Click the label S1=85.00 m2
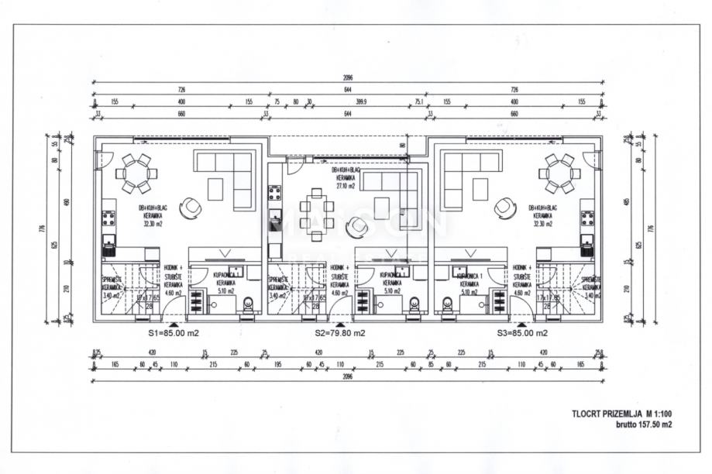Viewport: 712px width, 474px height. click(174, 333)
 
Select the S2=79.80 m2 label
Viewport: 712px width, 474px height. click(340, 333)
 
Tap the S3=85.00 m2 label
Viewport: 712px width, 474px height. click(522, 333)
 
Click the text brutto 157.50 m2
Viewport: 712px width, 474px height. click(643, 424)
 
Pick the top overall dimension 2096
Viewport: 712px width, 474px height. click(346, 78)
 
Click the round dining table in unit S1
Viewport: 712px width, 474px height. click(136, 173)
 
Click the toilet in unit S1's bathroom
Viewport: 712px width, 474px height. click(248, 304)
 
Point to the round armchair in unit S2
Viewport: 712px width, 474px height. click(357, 227)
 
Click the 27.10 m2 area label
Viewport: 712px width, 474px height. click(346, 186)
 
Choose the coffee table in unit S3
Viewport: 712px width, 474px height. click(480, 188)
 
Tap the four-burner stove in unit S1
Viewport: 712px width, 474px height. click(108, 218)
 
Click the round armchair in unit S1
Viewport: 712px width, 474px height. click(190, 208)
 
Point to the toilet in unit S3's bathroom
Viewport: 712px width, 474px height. click(448, 304)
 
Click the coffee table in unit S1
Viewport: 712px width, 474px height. click(215, 188)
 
